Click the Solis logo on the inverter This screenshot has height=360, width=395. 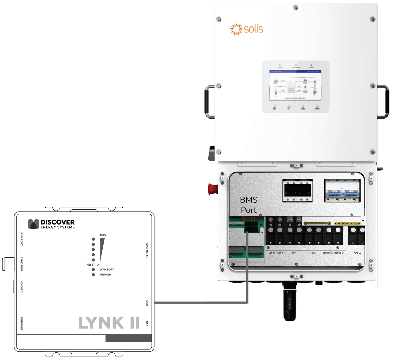pyautogui.click(x=247, y=29)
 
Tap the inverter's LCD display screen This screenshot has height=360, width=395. pyautogui.click(x=295, y=85)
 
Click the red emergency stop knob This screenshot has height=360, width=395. pyautogui.click(x=213, y=189)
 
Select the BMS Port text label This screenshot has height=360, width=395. pyautogui.click(x=249, y=205)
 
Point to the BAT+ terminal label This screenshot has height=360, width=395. pyautogui.click(x=295, y=253)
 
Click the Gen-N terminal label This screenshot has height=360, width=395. pyautogui.click(x=272, y=253)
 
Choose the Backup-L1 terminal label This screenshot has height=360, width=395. pyautogui.click(x=339, y=253)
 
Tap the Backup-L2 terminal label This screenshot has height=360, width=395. pyautogui.click(x=327, y=253)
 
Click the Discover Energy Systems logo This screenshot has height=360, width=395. pyautogui.click(x=51, y=224)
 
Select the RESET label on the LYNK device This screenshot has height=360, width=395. pyautogui.click(x=91, y=265)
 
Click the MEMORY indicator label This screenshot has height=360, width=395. pyautogui.click(x=106, y=275)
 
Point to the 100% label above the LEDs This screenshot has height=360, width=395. pyautogui.click(x=103, y=235)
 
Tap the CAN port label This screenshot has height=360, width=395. pyautogui.click(x=147, y=303)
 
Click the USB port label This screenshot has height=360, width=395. pyautogui.click(x=147, y=323)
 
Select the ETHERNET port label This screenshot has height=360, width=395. pyautogui.click(x=22, y=324)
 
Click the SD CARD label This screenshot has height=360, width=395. pyautogui.click(x=22, y=287)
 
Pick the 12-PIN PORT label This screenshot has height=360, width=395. pyautogui.click(x=147, y=250)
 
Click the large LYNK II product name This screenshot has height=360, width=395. pyautogui.click(x=109, y=323)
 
